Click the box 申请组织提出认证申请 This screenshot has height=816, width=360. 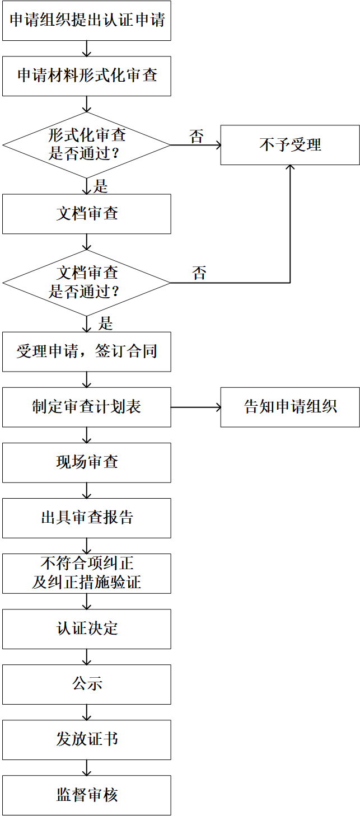click(x=87, y=21)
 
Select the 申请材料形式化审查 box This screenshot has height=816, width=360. click(x=87, y=76)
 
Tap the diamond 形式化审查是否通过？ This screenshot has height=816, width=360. click(x=87, y=145)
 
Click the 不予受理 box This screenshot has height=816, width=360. click(x=290, y=145)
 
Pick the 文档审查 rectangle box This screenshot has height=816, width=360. click(x=87, y=214)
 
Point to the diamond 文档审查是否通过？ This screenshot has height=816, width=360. click(x=87, y=283)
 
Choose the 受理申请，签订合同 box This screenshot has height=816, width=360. click(x=87, y=351)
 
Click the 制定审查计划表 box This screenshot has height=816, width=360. click(x=87, y=407)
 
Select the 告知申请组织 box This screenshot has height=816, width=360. click(x=290, y=407)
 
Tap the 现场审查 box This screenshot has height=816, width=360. click(x=87, y=462)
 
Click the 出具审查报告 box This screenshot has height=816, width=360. click(x=87, y=518)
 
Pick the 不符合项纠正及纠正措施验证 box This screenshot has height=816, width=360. click(x=87, y=573)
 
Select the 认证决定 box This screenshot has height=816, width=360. click(x=87, y=629)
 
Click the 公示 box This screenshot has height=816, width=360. click(x=87, y=684)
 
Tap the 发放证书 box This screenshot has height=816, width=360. click(x=87, y=739)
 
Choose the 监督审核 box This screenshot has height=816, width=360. click(x=87, y=795)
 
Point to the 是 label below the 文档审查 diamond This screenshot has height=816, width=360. click(x=105, y=323)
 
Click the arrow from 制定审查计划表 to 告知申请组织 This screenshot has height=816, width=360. click(x=195, y=407)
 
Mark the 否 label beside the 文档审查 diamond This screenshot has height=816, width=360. click(x=199, y=274)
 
